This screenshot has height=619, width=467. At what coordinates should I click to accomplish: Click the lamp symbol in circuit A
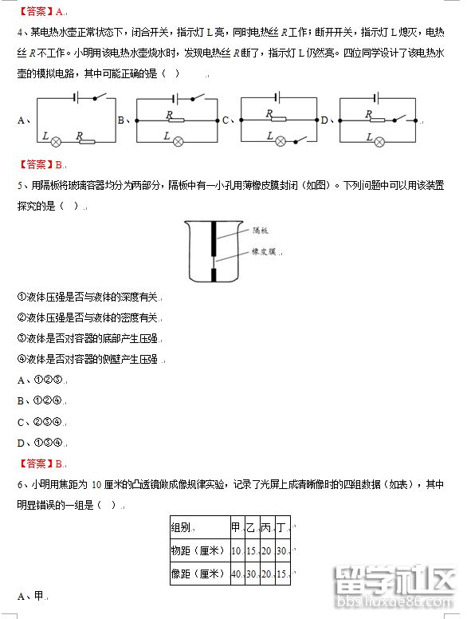click(x=57, y=141)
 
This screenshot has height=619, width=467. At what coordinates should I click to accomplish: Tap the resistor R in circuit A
click(x=86, y=141)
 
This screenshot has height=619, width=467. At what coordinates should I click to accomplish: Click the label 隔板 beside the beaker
click(x=261, y=231)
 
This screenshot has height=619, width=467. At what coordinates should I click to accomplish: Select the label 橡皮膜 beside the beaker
click(x=262, y=250)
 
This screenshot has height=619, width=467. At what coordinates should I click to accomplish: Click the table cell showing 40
click(x=236, y=574)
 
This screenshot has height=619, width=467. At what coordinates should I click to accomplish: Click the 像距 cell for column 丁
click(x=281, y=574)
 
